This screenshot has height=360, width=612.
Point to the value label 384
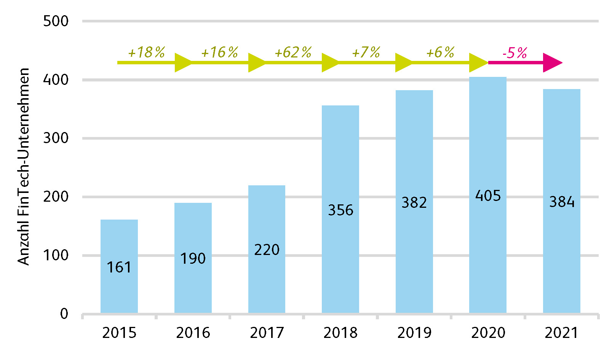pos(562,202)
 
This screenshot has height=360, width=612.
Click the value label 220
pos(267,250)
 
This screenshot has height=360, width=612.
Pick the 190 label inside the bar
pos(193,259)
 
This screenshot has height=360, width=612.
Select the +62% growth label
pos(293,53)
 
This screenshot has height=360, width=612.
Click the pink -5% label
pos(515,53)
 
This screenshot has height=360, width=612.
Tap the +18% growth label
pos(147,53)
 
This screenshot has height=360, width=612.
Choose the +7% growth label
pos(366,53)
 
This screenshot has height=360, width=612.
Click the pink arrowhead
pos(552,63)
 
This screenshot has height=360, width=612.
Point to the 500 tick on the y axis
pos(56,21)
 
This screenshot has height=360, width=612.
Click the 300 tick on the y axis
pos(56,138)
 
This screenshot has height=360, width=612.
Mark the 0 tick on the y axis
pos(64,314)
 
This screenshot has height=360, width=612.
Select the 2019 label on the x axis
pos(414,333)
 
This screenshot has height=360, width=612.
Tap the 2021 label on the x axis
pos(562,333)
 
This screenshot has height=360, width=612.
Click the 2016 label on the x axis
pos(193,333)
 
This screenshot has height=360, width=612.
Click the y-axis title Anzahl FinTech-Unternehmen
pos(24,167)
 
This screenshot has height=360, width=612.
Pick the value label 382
pos(414,202)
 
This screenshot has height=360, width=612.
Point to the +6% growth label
pos(440,53)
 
